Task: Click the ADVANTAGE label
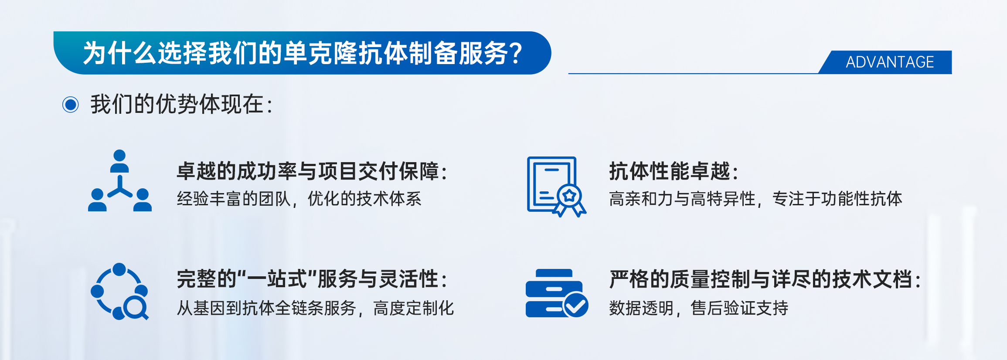pos(890,62)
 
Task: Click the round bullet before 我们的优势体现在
pos(71,105)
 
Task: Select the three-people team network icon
pos(120,180)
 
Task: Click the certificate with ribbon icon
pos(557,187)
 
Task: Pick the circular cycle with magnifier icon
pos(120,291)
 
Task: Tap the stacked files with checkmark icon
pos(557,293)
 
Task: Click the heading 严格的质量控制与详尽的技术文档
pos(765,279)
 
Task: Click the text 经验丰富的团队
pos(234,199)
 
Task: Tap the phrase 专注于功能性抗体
pos(837,199)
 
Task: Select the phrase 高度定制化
pos(413,308)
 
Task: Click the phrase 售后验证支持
pos(739,308)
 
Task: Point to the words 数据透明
pos(641,308)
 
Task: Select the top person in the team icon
pos(119,161)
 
